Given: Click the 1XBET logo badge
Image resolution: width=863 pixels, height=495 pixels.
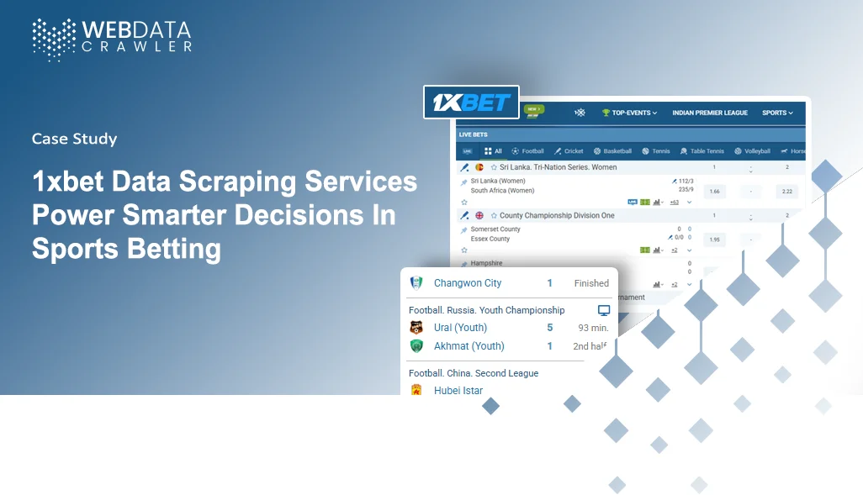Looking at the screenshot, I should (471, 103).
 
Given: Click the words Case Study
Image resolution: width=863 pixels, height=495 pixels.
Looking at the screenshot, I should (74, 139).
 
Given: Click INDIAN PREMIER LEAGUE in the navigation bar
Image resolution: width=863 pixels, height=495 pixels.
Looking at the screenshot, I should (710, 113).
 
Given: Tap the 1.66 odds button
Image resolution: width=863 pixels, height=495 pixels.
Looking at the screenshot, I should (715, 192).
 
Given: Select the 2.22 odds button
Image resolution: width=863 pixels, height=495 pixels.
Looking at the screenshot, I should (787, 192).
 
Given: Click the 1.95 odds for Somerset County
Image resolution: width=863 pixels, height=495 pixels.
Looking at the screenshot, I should (715, 240).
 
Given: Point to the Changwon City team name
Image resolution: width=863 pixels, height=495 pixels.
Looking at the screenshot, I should (468, 283).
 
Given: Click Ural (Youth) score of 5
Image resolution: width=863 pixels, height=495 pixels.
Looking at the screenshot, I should (550, 328).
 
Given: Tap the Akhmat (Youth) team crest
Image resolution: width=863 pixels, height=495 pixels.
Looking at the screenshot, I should (416, 345).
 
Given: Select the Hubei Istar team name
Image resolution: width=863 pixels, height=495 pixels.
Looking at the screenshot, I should (458, 390).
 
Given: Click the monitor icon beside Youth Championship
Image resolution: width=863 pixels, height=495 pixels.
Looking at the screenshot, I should (603, 310).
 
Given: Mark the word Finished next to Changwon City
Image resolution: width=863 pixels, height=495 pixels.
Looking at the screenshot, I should (591, 283).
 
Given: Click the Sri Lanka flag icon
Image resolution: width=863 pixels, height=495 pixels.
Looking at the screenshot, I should (479, 167).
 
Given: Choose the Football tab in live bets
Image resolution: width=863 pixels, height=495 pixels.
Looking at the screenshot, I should (528, 151).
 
